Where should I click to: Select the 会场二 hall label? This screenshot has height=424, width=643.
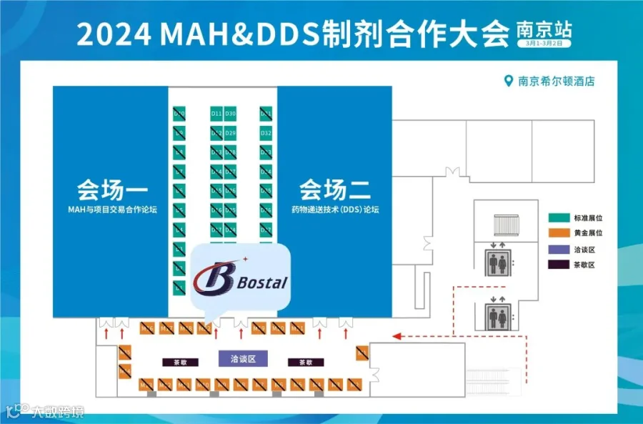coord(334,191)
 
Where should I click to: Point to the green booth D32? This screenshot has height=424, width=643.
coord(266,133)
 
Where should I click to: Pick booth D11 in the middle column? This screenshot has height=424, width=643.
coord(216,114)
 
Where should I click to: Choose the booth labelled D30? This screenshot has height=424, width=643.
coord(231,114)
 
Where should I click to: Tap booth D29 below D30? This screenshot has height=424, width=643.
coord(231,133)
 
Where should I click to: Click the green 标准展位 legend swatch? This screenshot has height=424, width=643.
coord(557,217)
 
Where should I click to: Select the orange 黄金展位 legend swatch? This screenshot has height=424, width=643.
coord(557,233)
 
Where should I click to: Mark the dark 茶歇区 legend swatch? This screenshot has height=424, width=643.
coord(557,265)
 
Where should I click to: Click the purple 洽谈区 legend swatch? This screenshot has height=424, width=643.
coord(557,249)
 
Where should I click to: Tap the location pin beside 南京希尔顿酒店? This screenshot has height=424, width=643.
coord(509,81)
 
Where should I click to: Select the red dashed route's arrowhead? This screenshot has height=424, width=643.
coord(395,334)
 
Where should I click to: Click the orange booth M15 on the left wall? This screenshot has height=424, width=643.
coord(125,352)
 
